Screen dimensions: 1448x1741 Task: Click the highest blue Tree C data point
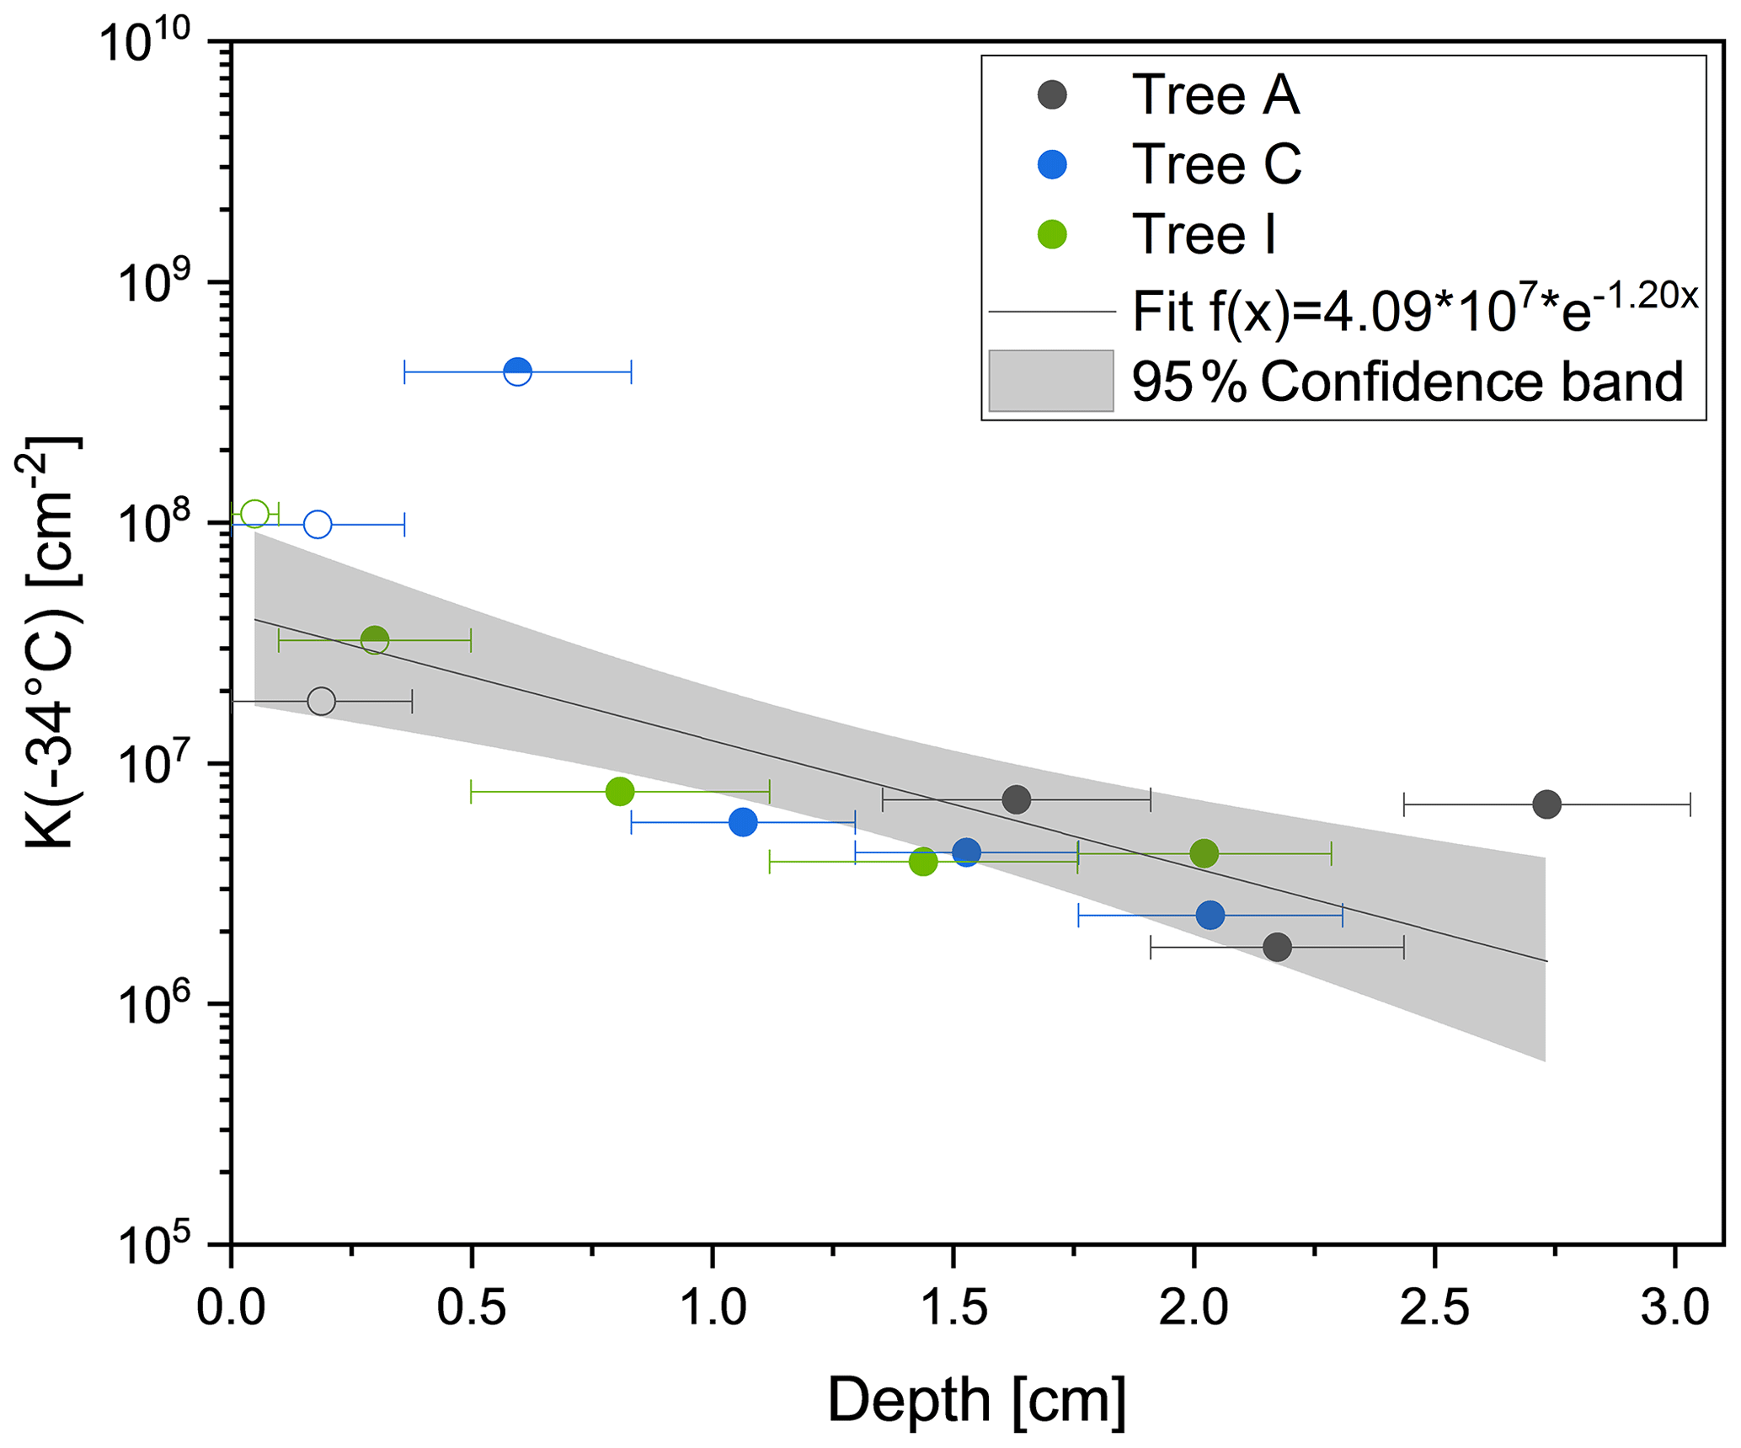pos(517,371)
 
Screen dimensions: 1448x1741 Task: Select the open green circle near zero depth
pos(254,514)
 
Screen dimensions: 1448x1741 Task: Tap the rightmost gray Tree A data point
pos(1546,804)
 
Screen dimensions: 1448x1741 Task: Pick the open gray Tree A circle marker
pos(321,701)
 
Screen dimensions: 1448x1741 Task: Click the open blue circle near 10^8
pos(318,525)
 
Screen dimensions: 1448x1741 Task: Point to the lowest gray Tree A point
pos(1277,948)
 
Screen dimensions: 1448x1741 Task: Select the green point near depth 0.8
pos(620,792)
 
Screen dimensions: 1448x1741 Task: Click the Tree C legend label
pos(1216,164)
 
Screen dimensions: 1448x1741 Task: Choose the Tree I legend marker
pos(1052,234)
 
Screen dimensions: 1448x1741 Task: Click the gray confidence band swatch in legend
pos(1050,382)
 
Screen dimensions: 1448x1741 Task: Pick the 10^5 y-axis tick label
pos(164,1244)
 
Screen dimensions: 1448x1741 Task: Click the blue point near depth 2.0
pos(1210,915)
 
